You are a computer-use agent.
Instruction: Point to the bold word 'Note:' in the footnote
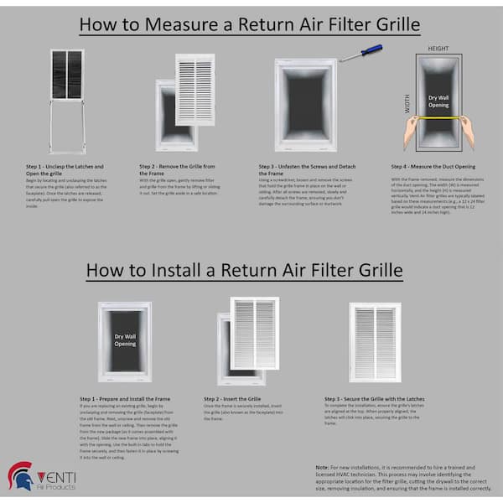click(x=324, y=466)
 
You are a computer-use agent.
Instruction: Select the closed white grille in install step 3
click(x=375, y=342)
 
